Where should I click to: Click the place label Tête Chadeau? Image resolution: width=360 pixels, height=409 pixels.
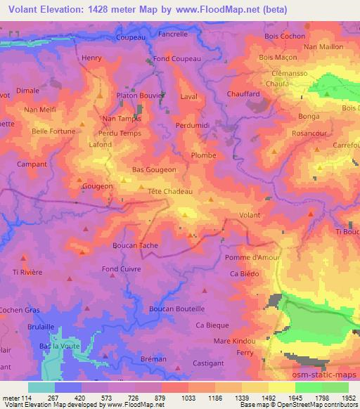click(x=166, y=191)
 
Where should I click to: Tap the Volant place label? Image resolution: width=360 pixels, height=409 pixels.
click(x=250, y=215)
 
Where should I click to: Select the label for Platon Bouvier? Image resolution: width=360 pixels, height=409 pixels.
click(x=141, y=95)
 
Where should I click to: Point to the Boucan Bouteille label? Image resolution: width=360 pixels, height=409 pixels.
click(x=177, y=309)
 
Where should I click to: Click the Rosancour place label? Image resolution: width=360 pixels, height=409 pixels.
click(x=311, y=131)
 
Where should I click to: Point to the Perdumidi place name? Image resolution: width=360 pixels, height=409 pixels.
click(x=192, y=124)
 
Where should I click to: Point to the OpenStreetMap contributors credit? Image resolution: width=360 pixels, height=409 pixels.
click(x=321, y=405)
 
